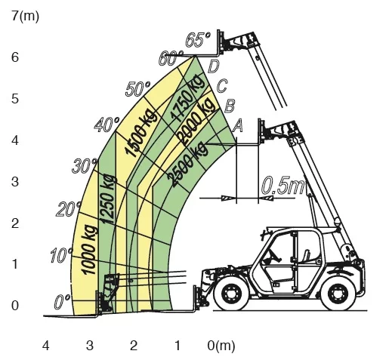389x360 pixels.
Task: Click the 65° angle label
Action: (198, 39)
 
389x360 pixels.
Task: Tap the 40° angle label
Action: (107, 125)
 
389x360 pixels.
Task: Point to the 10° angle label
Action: (61, 255)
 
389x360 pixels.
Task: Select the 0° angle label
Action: (62, 301)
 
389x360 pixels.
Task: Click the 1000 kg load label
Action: (89, 251)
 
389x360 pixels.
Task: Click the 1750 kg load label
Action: (187, 99)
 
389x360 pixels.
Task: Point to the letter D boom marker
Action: (213, 66)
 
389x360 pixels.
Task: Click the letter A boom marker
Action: (237, 126)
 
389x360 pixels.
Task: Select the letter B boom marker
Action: (230, 106)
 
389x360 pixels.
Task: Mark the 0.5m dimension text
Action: (282, 186)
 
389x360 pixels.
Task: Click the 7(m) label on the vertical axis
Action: (26, 17)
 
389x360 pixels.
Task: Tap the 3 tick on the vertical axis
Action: (15, 181)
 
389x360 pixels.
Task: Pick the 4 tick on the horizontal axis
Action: (45, 346)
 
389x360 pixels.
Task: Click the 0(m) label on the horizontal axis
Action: (221, 346)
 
